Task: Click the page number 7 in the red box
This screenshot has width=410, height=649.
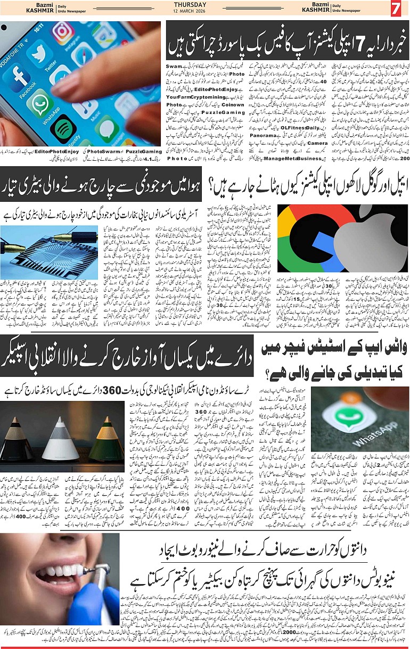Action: click(x=395, y=9)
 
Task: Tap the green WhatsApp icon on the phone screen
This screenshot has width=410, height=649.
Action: click(x=42, y=102)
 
